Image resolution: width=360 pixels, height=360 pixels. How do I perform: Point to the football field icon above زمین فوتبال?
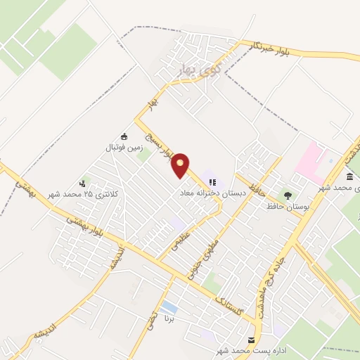124,136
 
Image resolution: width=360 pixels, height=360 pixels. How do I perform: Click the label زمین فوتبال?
124,148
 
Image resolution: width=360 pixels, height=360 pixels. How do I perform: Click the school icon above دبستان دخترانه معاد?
212,182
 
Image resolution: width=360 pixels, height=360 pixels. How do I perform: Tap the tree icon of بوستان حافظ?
287,195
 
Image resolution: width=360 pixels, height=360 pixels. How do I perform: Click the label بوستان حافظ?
285,207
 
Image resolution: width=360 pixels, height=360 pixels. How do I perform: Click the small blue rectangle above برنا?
169,308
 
